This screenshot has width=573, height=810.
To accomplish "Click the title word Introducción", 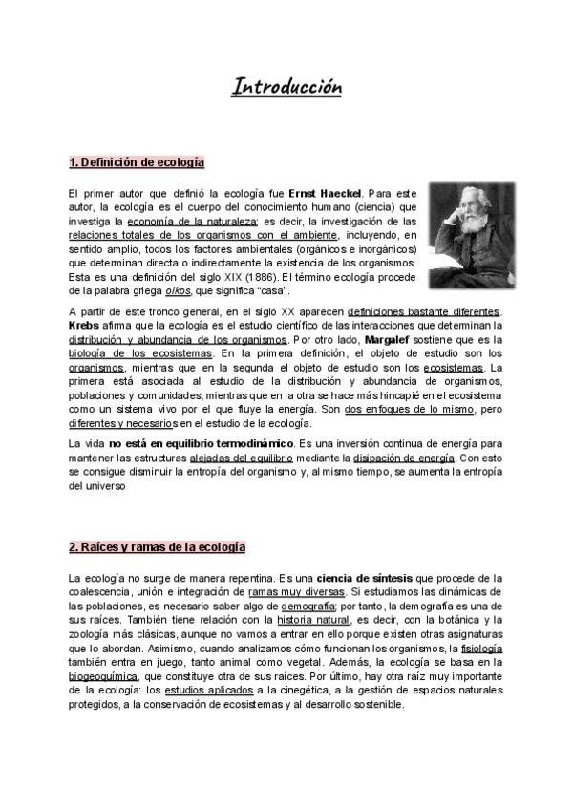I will pyautogui.click(x=286, y=88).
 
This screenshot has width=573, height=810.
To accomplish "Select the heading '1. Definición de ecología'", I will pyautogui.click(x=137, y=160).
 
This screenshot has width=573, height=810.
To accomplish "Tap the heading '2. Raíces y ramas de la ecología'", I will pyautogui.click(x=158, y=547).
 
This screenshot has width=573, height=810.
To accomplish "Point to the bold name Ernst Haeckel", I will pyautogui.click(x=326, y=191).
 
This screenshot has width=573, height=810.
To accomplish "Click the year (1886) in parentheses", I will pyautogui.click(x=234, y=276).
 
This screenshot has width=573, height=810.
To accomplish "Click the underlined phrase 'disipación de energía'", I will pyautogui.click(x=406, y=458).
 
